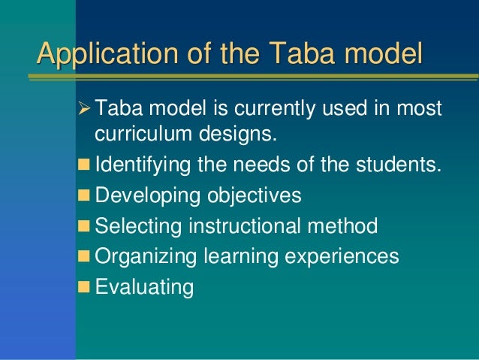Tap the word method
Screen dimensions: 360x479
pos(344,225)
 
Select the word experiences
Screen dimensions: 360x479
pos(342,256)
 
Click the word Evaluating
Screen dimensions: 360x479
pos(144,286)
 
